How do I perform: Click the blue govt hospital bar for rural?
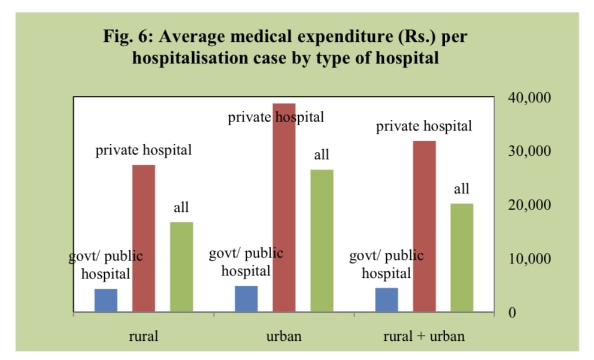pyautogui.click(x=106, y=300)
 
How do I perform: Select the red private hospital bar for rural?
pyautogui.click(x=144, y=238)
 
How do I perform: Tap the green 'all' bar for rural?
pyautogui.click(x=181, y=267)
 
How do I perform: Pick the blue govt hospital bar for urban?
pyautogui.click(x=246, y=298)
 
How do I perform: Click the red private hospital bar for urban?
pyautogui.click(x=284, y=207)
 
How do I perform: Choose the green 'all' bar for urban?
pyautogui.click(x=322, y=240)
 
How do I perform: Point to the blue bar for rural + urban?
pyautogui.click(x=386, y=300)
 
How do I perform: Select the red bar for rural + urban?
pyautogui.click(x=424, y=226)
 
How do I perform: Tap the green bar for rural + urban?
pyautogui.click(x=462, y=258)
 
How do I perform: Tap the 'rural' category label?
pyautogui.click(x=144, y=336)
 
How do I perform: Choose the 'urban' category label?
pyautogui.click(x=284, y=336)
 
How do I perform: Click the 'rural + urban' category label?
pyautogui.click(x=424, y=336)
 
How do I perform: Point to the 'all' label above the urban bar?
pyautogui.click(x=322, y=155)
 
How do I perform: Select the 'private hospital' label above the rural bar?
pyautogui.click(x=144, y=150)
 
